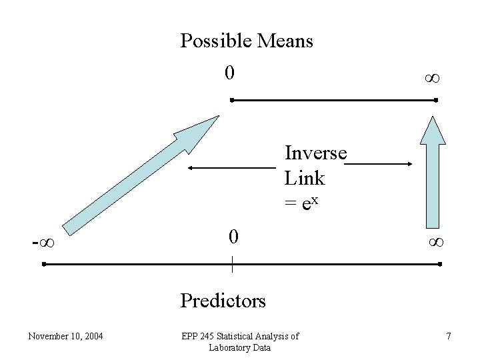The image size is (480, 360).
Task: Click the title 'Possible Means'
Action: pyautogui.click(x=247, y=41)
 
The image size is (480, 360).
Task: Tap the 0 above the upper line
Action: pyautogui.click(x=229, y=72)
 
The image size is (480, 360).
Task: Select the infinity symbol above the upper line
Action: pyautogui.click(x=432, y=79)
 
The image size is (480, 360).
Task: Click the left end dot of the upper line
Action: pyautogui.click(x=231, y=100)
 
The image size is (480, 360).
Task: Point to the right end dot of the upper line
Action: pyautogui.click(x=435, y=100)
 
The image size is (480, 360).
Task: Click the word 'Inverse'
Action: pyautogui.click(x=315, y=153)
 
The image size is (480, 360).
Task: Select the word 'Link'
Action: pyautogui.click(x=305, y=178)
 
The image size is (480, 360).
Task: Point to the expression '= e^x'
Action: pyautogui.click(x=304, y=203)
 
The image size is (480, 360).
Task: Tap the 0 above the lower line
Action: pyautogui.click(x=232, y=237)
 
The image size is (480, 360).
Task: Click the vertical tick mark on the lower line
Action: pyautogui.click(x=232, y=264)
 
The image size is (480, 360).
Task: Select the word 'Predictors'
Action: pyautogui.click(x=223, y=301)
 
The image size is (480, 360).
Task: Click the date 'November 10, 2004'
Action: pyautogui.click(x=65, y=336)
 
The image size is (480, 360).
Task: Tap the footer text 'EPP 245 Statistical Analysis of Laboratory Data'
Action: pyautogui.click(x=240, y=341)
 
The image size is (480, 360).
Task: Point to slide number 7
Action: pyautogui.click(x=449, y=336)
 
